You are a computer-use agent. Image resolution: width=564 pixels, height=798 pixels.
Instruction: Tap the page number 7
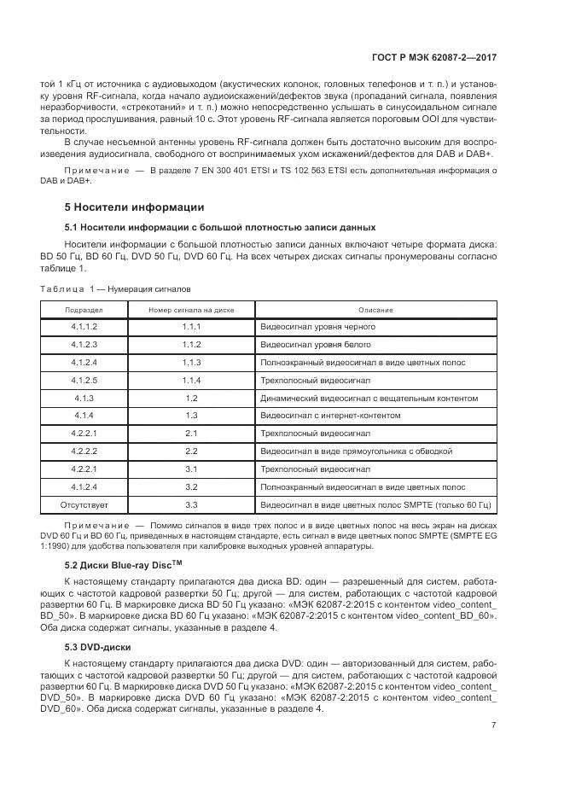[494, 701]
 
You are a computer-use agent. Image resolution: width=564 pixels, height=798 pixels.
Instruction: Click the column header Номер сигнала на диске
[190, 309]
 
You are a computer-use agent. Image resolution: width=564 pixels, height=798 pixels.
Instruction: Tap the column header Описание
[375, 309]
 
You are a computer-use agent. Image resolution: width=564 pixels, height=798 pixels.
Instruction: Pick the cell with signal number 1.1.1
[190, 327]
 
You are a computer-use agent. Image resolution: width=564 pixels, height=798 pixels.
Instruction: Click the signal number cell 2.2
[190, 451]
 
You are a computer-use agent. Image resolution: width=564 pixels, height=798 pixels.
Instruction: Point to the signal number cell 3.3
[190, 504]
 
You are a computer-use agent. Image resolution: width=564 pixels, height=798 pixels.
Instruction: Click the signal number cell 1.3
[190, 416]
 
